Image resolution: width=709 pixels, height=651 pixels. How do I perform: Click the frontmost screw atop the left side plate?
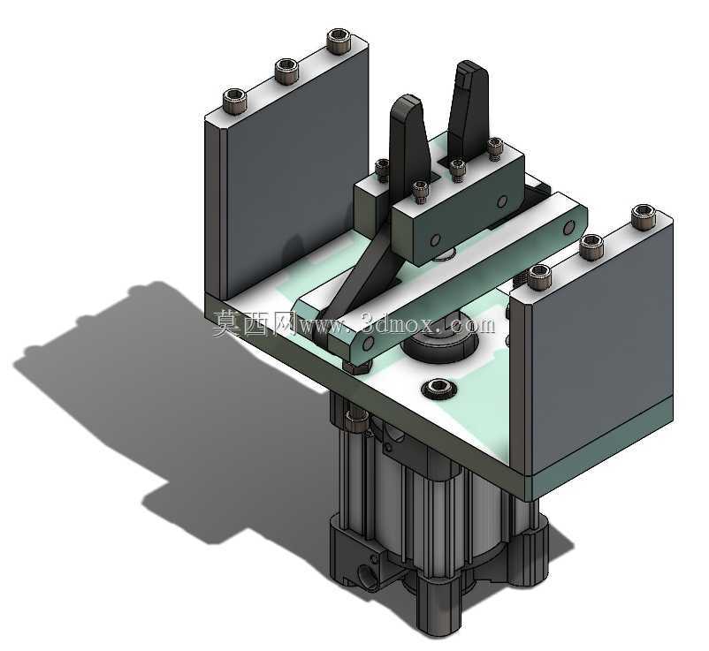coord(234,101)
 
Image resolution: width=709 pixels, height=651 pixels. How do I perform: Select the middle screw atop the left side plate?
coord(286,71)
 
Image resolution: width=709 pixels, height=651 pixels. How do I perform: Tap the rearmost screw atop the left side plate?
coord(338,42)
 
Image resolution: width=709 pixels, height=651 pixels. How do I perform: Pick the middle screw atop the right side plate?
coord(591,246)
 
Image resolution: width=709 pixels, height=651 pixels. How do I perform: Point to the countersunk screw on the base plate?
coord(438,387)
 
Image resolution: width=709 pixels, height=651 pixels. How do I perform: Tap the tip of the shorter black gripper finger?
coord(407,101)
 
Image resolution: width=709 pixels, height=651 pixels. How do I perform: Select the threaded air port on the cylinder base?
coord(366,577)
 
